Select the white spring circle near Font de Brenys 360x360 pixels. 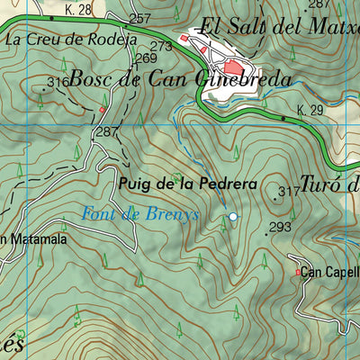233,216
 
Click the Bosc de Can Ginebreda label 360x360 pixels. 180,79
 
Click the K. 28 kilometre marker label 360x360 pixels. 79,10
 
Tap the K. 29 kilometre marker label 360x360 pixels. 309,111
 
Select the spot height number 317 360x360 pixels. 289,192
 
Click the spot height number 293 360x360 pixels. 280,227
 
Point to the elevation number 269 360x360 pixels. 147,58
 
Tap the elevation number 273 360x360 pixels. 160,46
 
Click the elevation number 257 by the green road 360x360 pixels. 139,18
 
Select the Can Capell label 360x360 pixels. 329,271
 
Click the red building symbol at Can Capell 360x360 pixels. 299,272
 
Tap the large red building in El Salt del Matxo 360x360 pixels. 232,67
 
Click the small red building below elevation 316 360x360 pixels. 102,110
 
